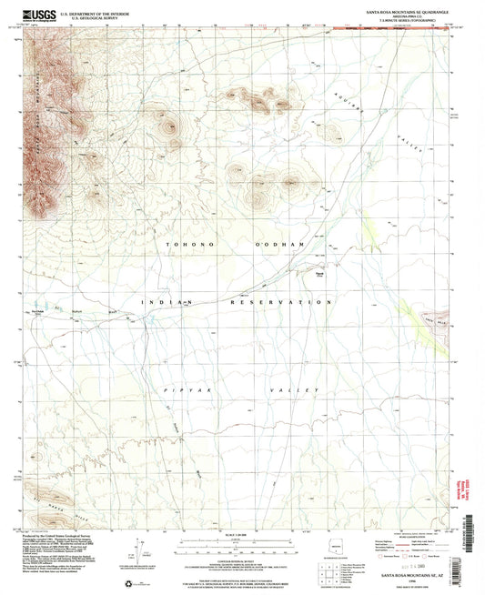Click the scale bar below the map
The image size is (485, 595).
point(237,546)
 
